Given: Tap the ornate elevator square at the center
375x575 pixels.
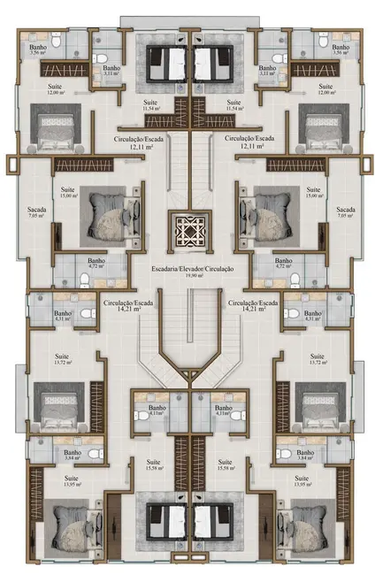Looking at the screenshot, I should (x=187, y=233).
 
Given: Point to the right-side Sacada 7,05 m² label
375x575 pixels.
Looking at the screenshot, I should (x=346, y=213).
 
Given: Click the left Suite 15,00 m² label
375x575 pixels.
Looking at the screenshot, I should (x=67, y=194).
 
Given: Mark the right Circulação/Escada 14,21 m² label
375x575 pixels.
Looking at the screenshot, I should (x=253, y=306).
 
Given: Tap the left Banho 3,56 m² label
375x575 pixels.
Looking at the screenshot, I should (x=37, y=50).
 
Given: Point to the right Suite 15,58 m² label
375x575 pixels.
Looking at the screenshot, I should (x=226, y=465).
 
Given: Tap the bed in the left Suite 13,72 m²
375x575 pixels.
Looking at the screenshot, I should (x=58, y=404).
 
